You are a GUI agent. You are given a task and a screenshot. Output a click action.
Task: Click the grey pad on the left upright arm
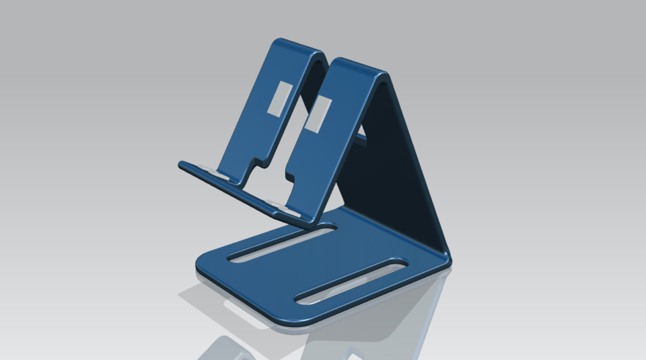coord(277,98)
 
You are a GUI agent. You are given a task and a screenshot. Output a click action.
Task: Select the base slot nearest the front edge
coord(351,279)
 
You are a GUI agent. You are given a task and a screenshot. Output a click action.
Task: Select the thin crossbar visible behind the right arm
coord(361,137)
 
